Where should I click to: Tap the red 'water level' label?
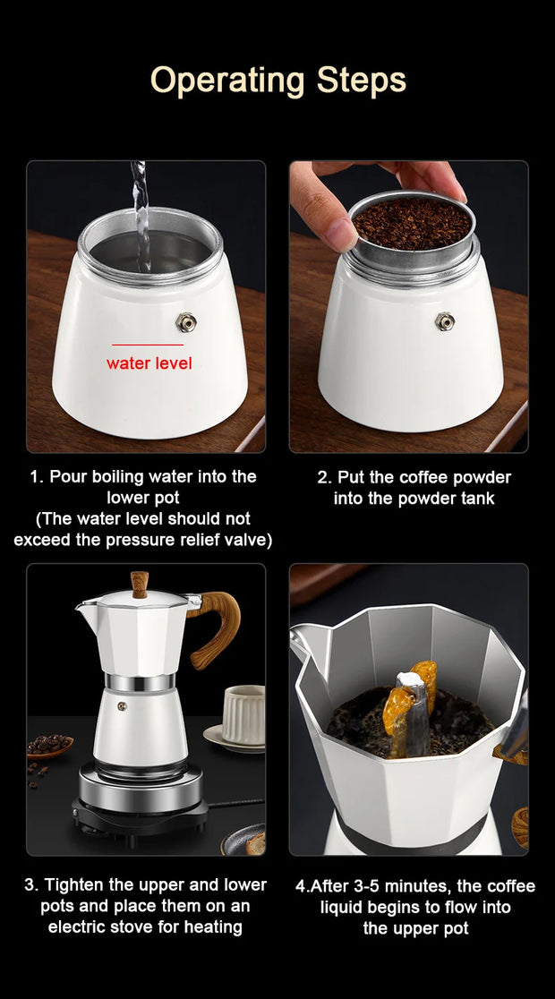coord(149,363)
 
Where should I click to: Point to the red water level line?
coord(147,345)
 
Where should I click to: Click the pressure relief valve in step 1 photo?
coord(186,322)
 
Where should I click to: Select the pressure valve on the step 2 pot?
coord(444,321)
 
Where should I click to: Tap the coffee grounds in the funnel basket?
coord(411,223)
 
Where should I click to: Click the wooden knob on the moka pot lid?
coord(140,584)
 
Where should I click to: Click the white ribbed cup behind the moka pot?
coord(243,713)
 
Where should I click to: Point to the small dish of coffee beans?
coord(49,747)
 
